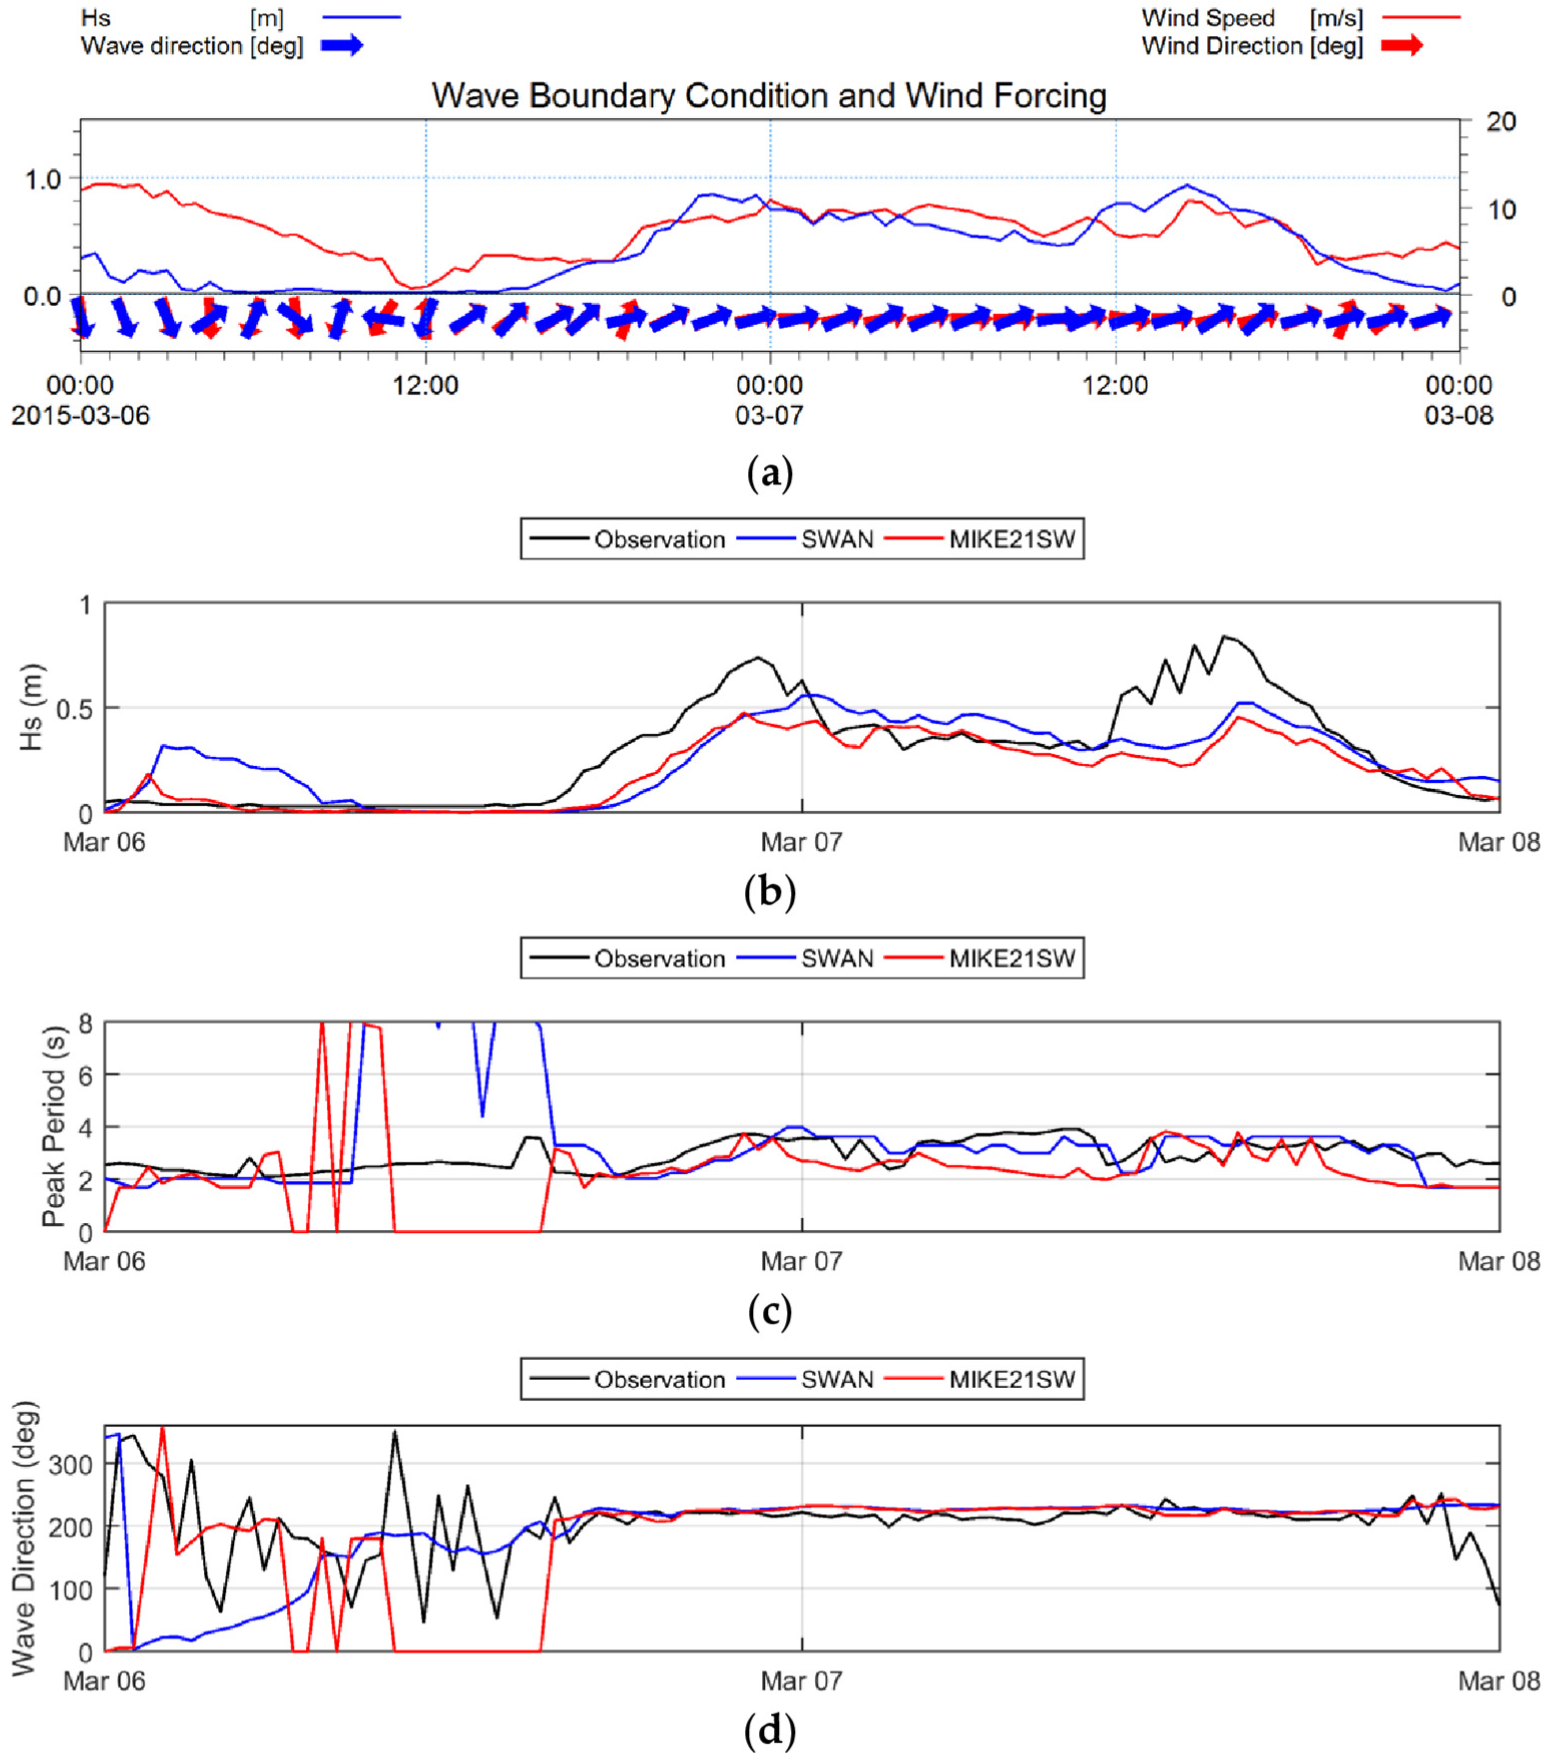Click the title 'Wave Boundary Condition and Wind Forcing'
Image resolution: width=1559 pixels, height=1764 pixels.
(768, 96)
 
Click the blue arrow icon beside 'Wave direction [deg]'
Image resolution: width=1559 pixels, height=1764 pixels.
(343, 46)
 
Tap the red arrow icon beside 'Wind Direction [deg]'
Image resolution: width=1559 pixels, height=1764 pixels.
(1402, 46)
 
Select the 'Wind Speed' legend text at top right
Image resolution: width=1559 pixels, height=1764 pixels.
(1208, 18)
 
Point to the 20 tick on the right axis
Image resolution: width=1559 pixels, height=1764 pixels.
(1501, 122)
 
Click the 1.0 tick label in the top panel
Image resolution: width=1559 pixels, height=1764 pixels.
(42, 179)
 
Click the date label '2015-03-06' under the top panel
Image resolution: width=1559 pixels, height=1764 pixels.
(80, 416)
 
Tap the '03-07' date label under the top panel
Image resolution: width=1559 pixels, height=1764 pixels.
(768, 416)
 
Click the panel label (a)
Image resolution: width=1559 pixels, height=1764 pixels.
(768, 474)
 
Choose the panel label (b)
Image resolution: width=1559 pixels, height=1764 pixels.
(768, 893)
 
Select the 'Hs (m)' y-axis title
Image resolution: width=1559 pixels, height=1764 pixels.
(32, 708)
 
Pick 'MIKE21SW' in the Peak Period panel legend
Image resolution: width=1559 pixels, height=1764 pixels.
(1012, 959)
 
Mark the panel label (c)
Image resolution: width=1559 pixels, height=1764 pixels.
(768, 1312)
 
